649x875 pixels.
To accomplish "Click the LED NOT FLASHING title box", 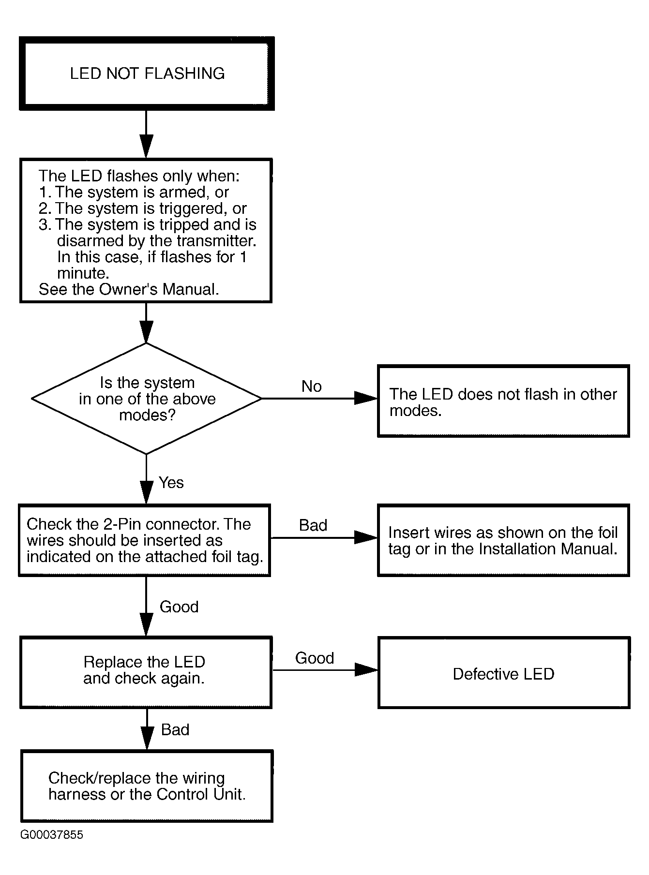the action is (x=147, y=74).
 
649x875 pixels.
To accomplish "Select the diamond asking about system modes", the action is (x=146, y=399).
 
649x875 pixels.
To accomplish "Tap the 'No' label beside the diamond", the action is (x=312, y=386).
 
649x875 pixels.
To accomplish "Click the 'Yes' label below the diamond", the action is (x=171, y=482).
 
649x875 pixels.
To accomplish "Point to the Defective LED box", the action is (x=504, y=673).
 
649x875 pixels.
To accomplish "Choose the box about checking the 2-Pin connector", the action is (x=145, y=540).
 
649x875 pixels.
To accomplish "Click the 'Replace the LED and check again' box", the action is (x=146, y=673).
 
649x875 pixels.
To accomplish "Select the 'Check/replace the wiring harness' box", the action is (x=147, y=786).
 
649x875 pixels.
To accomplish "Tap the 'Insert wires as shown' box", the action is (x=503, y=540).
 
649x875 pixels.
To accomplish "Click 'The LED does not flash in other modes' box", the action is (x=503, y=401).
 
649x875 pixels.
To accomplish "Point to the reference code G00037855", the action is (x=52, y=835).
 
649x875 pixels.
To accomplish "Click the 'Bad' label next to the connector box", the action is (x=313, y=525).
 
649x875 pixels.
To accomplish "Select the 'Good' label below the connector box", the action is (x=179, y=607).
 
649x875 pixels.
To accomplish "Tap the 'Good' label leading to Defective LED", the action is (x=315, y=658).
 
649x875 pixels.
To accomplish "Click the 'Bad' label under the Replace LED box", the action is (x=175, y=729).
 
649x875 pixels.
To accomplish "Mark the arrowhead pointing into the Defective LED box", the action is (x=366, y=670).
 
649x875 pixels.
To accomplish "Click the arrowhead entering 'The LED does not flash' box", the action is (x=366, y=399).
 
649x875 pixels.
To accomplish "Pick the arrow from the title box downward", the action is (x=146, y=134).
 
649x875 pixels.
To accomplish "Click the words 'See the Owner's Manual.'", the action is (x=129, y=289).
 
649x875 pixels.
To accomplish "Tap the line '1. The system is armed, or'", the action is (x=134, y=192).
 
